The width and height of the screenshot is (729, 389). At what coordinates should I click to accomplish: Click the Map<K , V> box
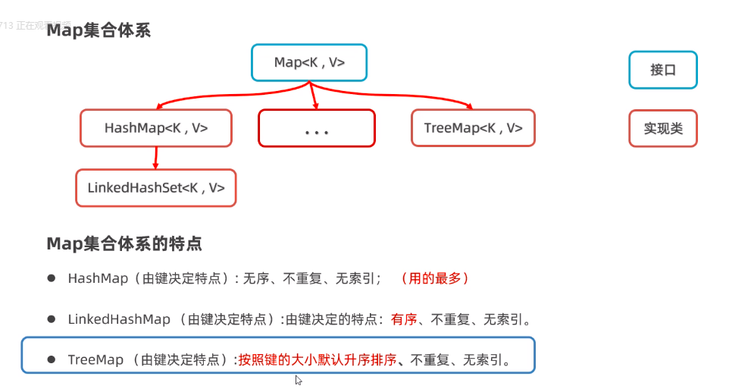pyautogui.click(x=309, y=62)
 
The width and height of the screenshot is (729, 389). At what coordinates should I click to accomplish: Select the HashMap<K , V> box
pyautogui.click(x=156, y=128)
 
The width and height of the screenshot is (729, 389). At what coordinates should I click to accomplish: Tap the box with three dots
pyautogui.click(x=316, y=128)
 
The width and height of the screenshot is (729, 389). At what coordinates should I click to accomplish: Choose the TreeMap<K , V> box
pyautogui.click(x=473, y=128)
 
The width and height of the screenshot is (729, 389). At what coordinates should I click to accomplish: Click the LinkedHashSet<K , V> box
pyautogui.click(x=156, y=187)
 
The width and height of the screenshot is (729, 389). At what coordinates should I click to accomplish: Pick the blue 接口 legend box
pyautogui.click(x=662, y=70)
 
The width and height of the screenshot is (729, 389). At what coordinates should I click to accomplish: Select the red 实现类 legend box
pyautogui.click(x=662, y=128)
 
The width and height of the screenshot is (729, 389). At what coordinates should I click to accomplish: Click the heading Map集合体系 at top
pyautogui.click(x=99, y=31)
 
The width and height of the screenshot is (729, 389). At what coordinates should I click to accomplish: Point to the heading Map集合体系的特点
pyautogui.click(x=124, y=243)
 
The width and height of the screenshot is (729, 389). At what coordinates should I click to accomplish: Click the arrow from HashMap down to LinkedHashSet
pyautogui.click(x=155, y=158)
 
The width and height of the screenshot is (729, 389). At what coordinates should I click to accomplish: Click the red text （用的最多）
pyautogui.click(x=435, y=278)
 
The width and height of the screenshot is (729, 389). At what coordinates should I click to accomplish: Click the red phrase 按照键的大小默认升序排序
pyautogui.click(x=318, y=359)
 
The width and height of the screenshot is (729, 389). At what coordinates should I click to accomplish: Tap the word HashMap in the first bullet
pyautogui.click(x=98, y=278)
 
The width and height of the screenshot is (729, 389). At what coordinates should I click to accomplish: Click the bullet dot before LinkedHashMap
pyautogui.click(x=52, y=318)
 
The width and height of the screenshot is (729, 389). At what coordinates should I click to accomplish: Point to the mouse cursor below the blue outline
pyautogui.click(x=298, y=379)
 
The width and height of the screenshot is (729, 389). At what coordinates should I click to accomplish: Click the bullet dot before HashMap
pyautogui.click(x=52, y=278)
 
